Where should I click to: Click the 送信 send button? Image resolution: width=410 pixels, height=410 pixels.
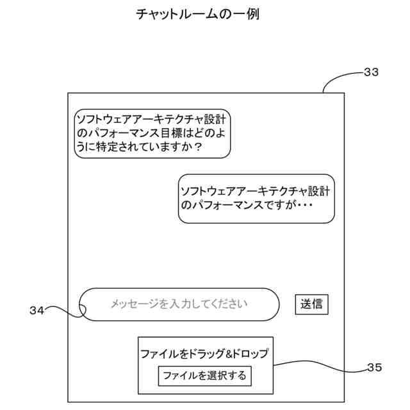pos(312,304)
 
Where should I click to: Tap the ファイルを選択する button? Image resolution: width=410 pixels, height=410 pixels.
pos(204,375)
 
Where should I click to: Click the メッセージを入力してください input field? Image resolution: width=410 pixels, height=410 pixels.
pos(179,304)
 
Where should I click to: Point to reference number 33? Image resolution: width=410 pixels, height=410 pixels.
pos(371,72)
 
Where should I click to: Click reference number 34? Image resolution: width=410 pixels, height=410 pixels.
pos(37,311)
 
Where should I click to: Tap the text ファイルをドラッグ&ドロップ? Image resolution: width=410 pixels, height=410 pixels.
pos(204,354)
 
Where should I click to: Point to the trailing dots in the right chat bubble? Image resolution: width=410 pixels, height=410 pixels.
pos(304,206)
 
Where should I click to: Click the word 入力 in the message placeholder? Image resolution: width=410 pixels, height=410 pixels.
pos(181,304)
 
